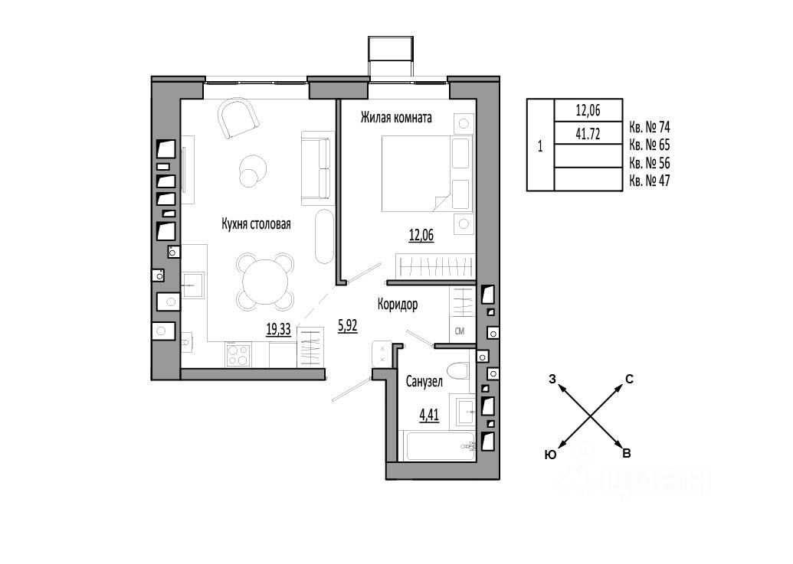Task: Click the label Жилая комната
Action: [x=396, y=118]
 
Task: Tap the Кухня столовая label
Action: [x=256, y=223]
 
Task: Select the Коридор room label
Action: [x=398, y=305]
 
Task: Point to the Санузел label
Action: [x=424, y=382]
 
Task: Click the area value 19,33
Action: [x=279, y=329]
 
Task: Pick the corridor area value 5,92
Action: [x=347, y=326]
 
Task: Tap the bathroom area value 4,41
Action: [x=429, y=415]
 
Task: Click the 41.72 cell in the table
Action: [x=588, y=133]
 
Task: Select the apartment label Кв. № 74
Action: [x=650, y=127]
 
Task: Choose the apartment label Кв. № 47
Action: [x=650, y=181]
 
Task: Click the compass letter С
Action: [x=629, y=380]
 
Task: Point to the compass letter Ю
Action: [x=550, y=455]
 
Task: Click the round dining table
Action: [x=265, y=282]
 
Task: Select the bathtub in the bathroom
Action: [x=440, y=446]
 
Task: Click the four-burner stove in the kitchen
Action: [x=238, y=354]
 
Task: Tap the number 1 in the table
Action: [x=540, y=146]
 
